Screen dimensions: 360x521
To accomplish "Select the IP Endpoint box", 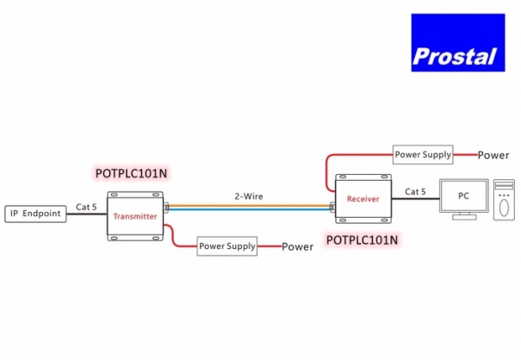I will pyautogui.click(x=35, y=213).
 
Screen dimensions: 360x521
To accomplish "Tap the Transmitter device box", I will pyautogui.click(x=135, y=216).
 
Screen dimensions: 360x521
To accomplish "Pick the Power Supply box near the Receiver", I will pyautogui.click(x=423, y=155).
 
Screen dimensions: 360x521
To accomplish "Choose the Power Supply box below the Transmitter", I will pyautogui.click(x=227, y=245).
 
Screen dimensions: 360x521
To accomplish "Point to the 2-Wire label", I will pyautogui.click(x=249, y=196).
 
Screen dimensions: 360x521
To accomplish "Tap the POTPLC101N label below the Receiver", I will pyautogui.click(x=363, y=240).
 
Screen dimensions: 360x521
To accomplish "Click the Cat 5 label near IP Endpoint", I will pyautogui.click(x=86, y=207).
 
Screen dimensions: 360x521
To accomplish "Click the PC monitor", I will pyautogui.click(x=462, y=197).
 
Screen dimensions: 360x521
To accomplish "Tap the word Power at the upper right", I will pyautogui.click(x=493, y=156).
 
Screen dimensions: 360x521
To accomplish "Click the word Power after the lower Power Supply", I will pyautogui.click(x=298, y=246).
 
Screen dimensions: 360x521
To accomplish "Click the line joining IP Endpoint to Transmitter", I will pyautogui.click(x=86, y=214).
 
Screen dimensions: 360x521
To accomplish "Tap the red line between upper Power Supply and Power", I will pyautogui.click(x=465, y=155).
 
